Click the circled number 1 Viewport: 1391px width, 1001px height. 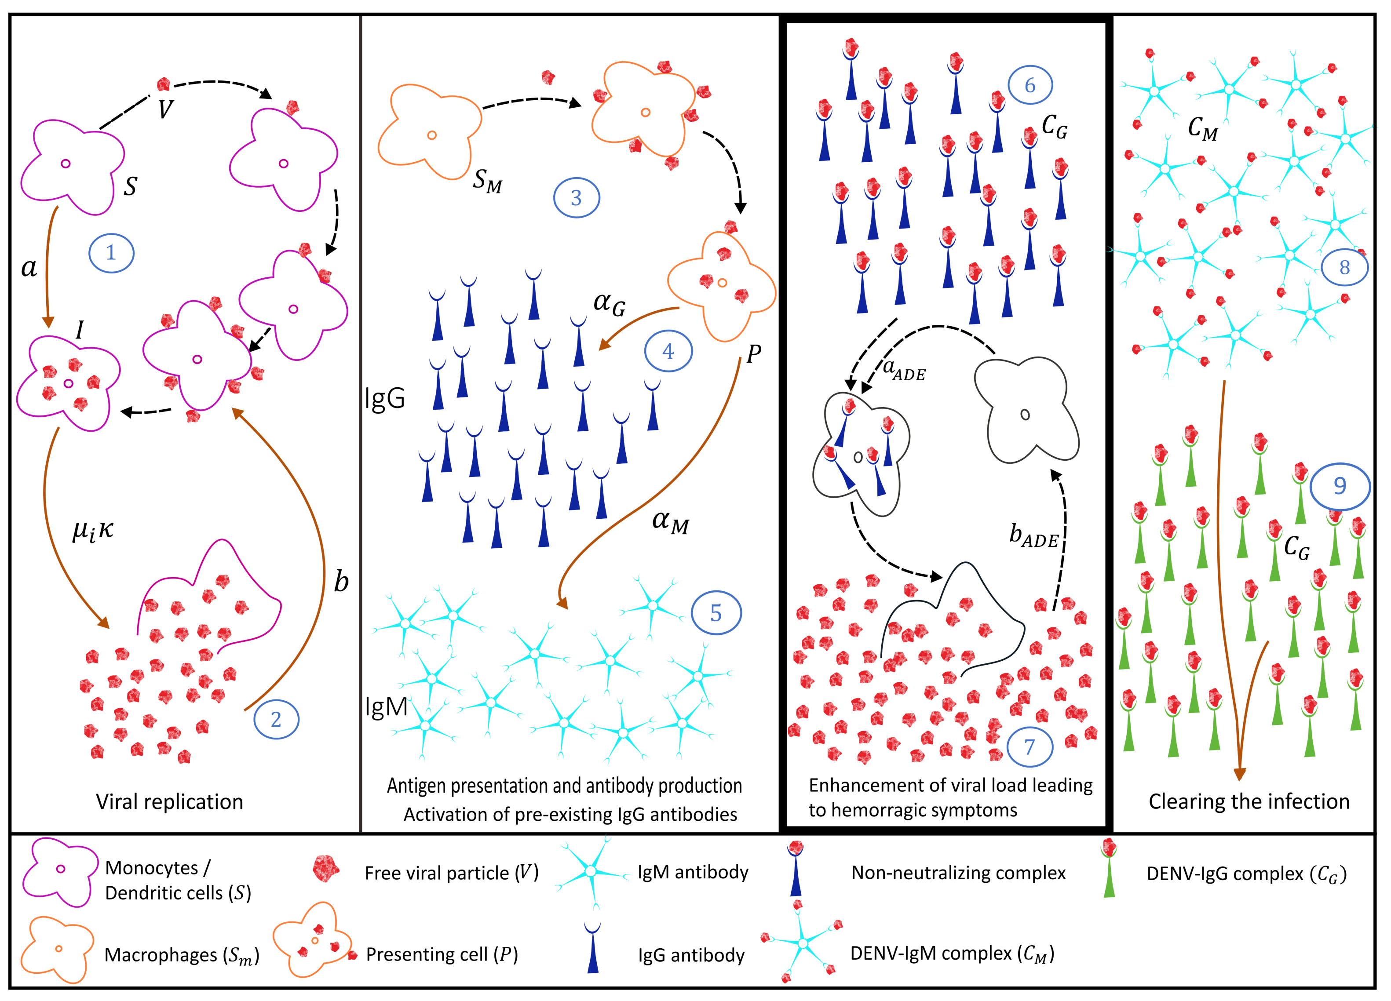(111, 252)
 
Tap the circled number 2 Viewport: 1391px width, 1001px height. (276, 719)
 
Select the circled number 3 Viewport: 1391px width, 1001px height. (576, 197)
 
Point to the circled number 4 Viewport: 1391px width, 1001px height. (668, 351)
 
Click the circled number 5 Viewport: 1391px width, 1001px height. (716, 613)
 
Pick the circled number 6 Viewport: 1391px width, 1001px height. (1030, 85)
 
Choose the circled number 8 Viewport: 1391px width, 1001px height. (1344, 267)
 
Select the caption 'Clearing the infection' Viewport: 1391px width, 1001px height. (1249, 801)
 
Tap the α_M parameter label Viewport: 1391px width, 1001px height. (670, 522)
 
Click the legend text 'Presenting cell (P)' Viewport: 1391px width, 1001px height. (442, 954)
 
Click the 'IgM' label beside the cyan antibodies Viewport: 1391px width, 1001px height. (387, 707)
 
